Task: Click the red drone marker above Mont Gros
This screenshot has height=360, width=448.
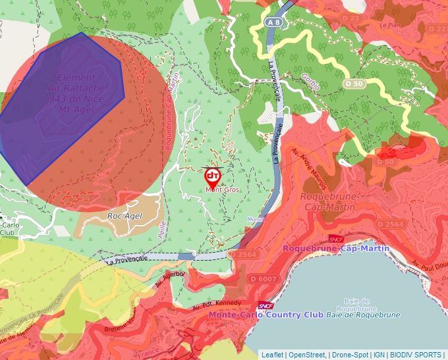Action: coord(212,177)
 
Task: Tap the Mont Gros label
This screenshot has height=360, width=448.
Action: coord(222,190)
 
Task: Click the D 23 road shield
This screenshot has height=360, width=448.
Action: coord(352,18)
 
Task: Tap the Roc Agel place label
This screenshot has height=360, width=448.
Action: coord(125,216)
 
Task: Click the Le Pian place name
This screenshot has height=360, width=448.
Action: coord(391,25)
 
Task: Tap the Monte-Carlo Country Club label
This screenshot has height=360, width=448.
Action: coord(266,315)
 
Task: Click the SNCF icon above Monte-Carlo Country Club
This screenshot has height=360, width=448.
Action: coord(266,305)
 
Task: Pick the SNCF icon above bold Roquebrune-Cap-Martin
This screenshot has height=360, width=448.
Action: coord(337,239)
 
